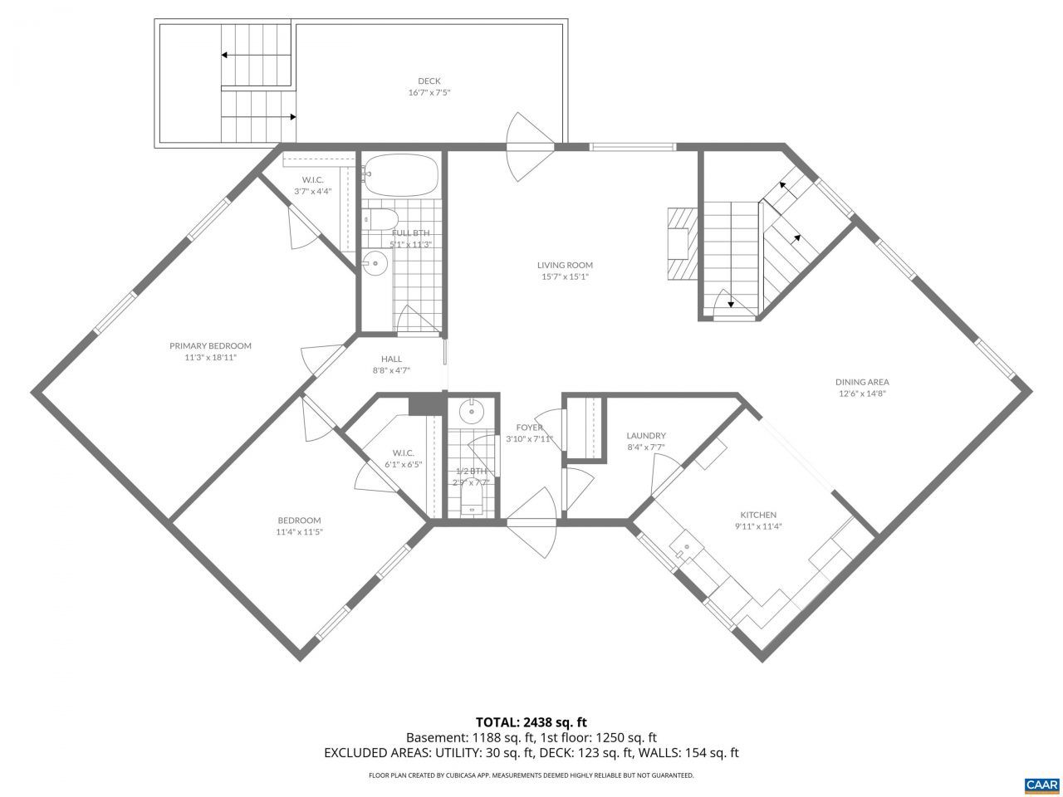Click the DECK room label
click(x=429, y=81)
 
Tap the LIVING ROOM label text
click(x=565, y=265)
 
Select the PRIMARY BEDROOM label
click(x=210, y=345)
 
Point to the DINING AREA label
click(x=862, y=382)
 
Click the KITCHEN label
click(x=758, y=515)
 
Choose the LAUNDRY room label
click(x=646, y=436)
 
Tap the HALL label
click(x=391, y=359)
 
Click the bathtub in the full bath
click(x=401, y=174)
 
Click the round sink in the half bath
click(x=471, y=413)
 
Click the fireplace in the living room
click(x=683, y=244)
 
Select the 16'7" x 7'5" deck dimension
click(x=429, y=92)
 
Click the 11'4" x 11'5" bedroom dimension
click(x=299, y=532)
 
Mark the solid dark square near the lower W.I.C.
click(x=427, y=404)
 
